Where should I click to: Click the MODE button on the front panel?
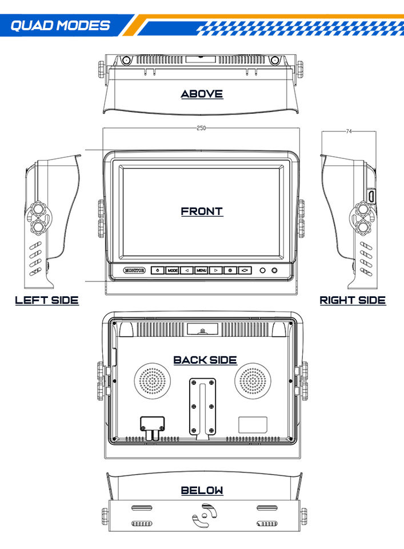[x=172, y=270]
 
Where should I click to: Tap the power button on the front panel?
[x=158, y=270]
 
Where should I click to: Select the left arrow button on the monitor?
[x=187, y=270]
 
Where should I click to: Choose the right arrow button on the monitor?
[x=216, y=270]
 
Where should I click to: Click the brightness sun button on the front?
[x=230, y=270]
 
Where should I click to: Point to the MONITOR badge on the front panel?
[x=134, y=270]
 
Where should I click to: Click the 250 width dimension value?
[x=201, y=128]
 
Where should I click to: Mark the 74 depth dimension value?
[x=349, y=132]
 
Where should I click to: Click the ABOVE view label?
[x=202, y=94]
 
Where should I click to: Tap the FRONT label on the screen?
[x=202, y=212]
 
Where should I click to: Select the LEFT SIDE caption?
[x=47, y=300]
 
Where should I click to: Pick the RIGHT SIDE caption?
[x=353, y=300]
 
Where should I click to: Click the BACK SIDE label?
[x=205, y=360]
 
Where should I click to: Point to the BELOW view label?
[x=202, y=490]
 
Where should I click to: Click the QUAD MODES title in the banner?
[x=60, y=26]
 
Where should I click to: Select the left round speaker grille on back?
[x=153, y=381]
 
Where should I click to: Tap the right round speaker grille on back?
[x=253, y=381]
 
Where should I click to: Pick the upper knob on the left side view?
[x=38, y=209]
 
